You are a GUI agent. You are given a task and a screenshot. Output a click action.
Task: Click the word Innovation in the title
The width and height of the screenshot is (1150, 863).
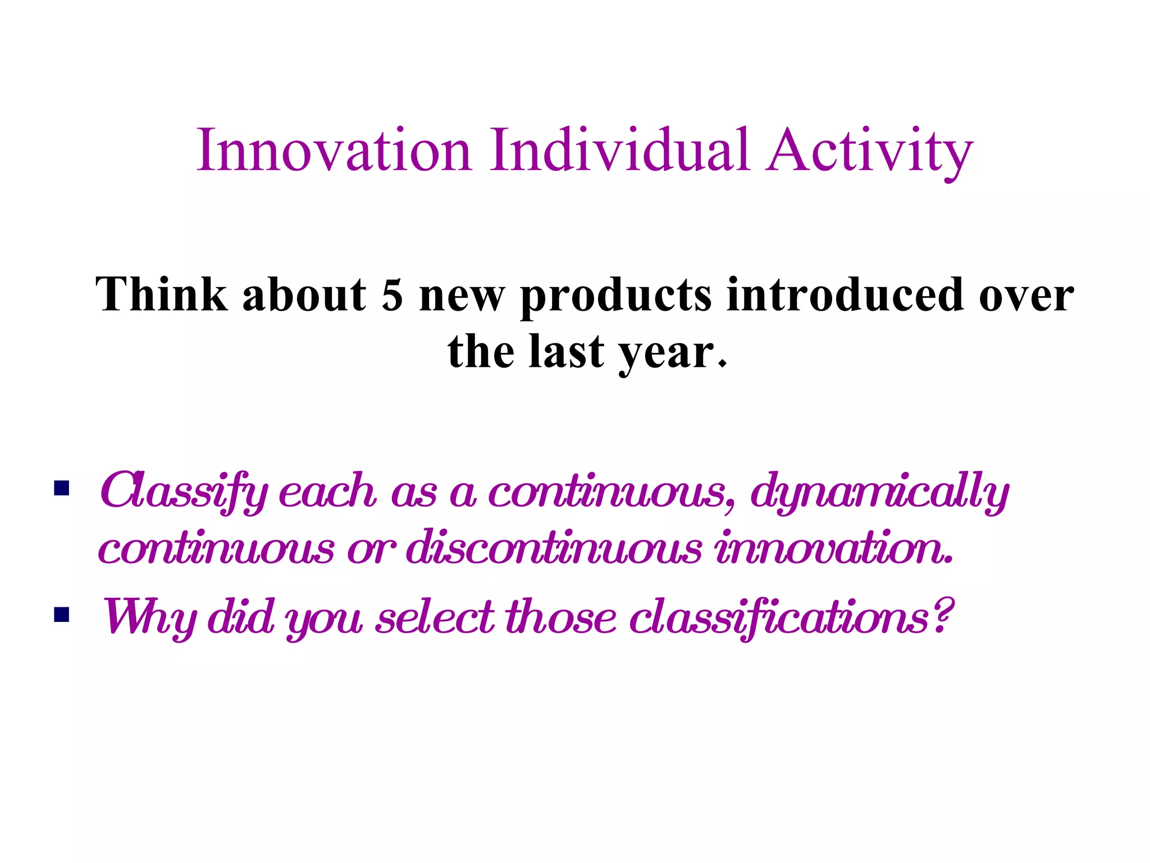[334, 151]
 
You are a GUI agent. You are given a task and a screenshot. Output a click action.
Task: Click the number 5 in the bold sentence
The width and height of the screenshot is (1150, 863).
[392, 296]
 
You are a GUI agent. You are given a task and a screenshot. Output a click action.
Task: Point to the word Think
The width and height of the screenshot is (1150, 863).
[162, 294]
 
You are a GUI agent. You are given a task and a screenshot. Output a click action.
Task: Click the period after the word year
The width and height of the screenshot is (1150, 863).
[723, 364]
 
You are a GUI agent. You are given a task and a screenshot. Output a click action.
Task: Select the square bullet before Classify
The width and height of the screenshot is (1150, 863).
[62, 488]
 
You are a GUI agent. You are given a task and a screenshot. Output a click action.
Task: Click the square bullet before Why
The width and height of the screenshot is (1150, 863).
[62, 615]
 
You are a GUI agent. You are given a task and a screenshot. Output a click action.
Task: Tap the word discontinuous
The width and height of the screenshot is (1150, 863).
[554, 548]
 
